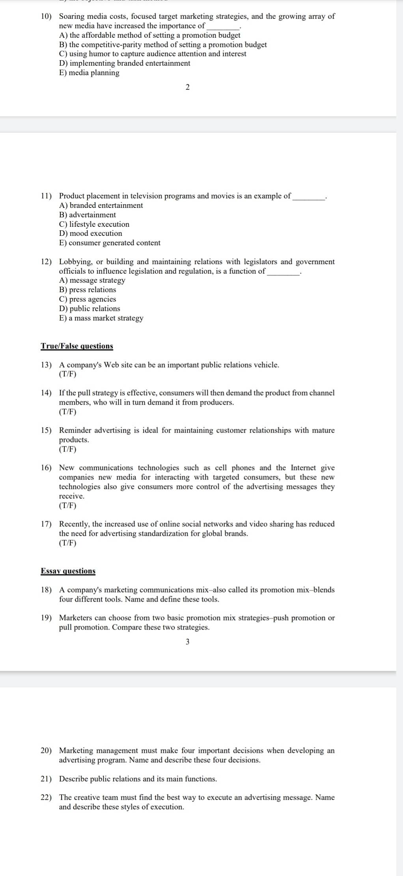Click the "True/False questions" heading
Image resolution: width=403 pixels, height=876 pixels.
[x=77, y=346]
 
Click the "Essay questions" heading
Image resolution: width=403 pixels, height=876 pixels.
[x=68, y=571]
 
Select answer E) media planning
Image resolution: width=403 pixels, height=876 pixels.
[x=89, y=73]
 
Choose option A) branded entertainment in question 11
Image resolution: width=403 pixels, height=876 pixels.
[x=101, y=205]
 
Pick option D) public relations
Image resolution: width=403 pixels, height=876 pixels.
[x=90, y=309]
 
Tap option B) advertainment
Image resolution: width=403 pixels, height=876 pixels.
[x=88, y=215]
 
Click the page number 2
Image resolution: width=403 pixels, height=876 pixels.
[x=187, y=87]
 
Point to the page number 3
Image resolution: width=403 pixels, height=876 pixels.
[x=187, y=642]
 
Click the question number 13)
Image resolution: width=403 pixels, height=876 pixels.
[x=46, y=365]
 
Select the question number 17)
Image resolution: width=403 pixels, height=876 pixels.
[x=46, y=524]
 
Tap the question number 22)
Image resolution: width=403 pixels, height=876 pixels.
[x=46, y=797]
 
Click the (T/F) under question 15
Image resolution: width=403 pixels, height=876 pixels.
[x=67, y=449]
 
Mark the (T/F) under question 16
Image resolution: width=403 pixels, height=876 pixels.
[x=67, y=506]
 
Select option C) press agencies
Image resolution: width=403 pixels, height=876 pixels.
[x=88, y=299]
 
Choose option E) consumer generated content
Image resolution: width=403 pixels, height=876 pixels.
[x=110, y=243]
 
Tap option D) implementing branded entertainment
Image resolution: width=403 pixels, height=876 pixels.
[x=125, y=63]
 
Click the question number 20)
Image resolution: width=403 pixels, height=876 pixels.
[x=46, y=750]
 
